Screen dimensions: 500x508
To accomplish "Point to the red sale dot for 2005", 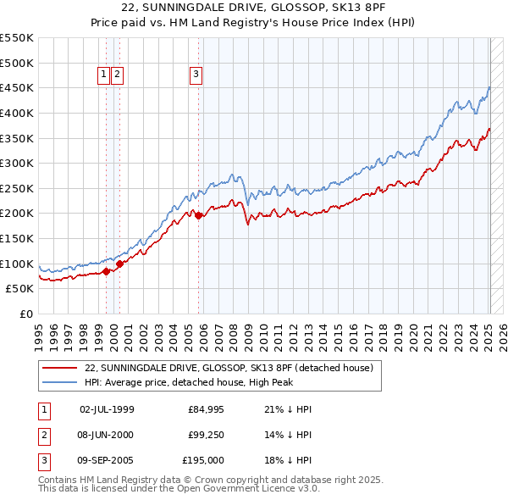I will click(199, 216).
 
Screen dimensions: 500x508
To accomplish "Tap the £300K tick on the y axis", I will click(17, 163).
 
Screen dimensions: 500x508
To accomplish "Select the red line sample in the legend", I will click(60, 369).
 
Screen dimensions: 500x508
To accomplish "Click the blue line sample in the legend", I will click(60, 383).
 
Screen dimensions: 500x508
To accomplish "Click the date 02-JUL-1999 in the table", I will click(107, 409).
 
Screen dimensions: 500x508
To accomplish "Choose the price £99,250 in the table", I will click(207, 435).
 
